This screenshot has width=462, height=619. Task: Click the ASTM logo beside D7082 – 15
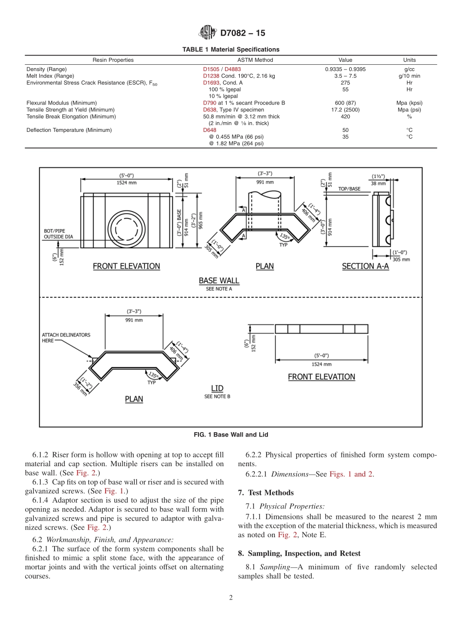pyautogui.click(x=208, y=33)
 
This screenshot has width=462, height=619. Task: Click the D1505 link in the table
pyautogui.click(x=211, y=69)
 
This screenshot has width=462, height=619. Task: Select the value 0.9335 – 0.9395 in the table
pyautogui.click(x=345, y=69)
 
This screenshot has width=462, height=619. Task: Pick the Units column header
pyautogui.click(x=409, y=60)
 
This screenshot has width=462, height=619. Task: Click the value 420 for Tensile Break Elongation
pyautogui.click(x=345, y=116)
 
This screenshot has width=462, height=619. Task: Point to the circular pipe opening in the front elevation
pyautogui.click(x=126, y=229)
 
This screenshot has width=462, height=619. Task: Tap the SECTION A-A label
pyautogui.click(x=365, y=266)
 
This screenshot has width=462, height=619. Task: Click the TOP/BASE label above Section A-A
pyautogui.click(x=349, y=188)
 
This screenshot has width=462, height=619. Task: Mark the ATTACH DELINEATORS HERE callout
pyautogui.click(x=66, y=338)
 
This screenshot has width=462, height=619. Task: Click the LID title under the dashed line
pyautogui.click(x=217, y=388)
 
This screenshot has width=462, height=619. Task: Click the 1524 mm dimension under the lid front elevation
pyautogui.click(x=321, y=364)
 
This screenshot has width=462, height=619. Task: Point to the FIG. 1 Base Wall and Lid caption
pyautogui.click(x=231, y=435)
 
